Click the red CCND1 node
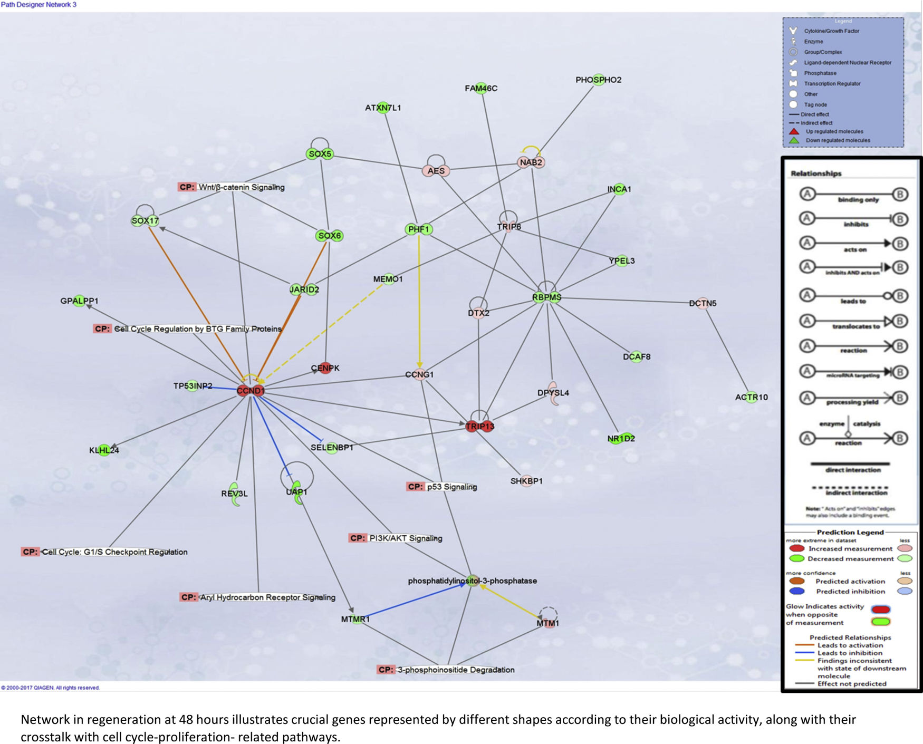(250, 391)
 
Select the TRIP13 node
(479, 426)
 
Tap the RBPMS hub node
(546, 297)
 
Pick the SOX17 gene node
(145, 221)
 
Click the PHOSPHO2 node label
(598, 80)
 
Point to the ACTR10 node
(751, 397)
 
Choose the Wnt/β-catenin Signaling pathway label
(232, 187)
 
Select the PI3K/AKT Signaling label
(396, 538)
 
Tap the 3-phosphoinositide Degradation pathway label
(446, 670)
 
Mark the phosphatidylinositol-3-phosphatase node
(473, 581)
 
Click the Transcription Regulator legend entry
(832, 84)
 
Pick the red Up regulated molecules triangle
(794, 131)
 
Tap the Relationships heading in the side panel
(816, 173)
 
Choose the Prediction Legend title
(850, 532)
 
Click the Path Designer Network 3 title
(39, 5)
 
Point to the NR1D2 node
(621, 438)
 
